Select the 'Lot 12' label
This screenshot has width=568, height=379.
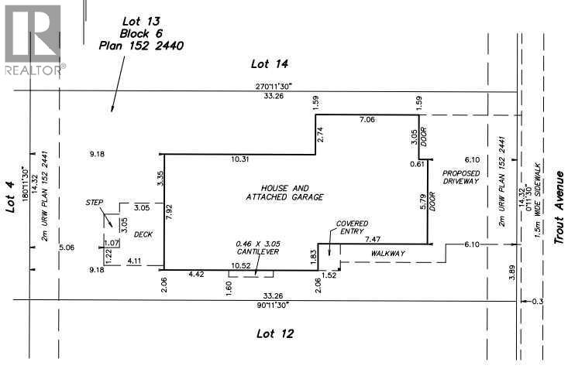(x=274, y=333)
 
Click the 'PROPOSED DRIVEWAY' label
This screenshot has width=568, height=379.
(x=462, y=177)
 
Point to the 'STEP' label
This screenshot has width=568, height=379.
(x=95, y=202)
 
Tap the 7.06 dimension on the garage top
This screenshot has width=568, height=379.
(x=367, y=121)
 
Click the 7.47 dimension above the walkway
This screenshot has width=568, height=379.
(x=373, y=240)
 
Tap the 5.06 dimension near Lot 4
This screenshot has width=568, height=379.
(x=65, y=248)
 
